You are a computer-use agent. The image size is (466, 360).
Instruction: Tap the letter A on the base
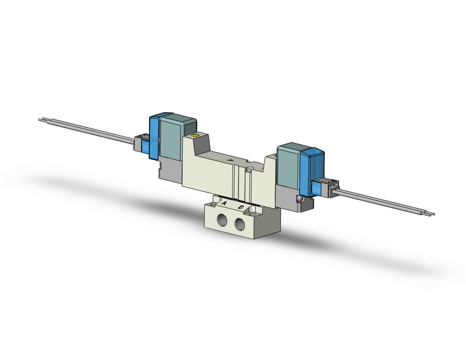[224, 203]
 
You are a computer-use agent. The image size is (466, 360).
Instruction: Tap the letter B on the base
[242, 207]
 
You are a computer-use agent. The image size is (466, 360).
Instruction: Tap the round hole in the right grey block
[298, 199]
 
